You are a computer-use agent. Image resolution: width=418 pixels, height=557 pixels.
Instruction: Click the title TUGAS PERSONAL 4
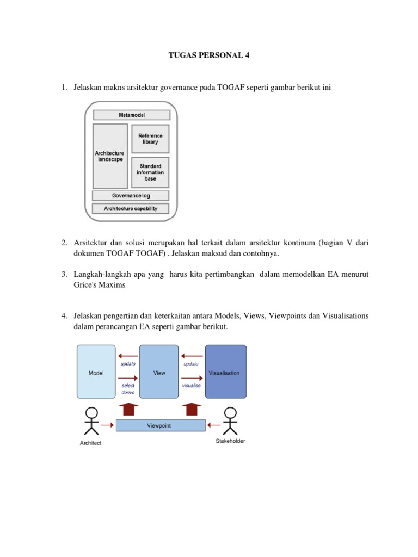pyautogui.click(x=208, y=55)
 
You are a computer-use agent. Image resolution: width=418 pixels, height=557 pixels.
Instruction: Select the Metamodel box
pyautogui.click(x=132, y=115)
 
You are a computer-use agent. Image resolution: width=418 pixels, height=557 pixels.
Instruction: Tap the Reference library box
pyautogui.click(x=150, y=139)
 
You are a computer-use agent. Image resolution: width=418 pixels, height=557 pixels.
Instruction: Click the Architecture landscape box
pyautogui.click(x=110, y=156)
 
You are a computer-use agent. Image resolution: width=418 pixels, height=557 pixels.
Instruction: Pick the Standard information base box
pyautogui.click(x=150, y=172)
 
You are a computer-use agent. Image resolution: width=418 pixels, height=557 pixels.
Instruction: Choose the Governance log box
pyautogui.click(x=131, y=195)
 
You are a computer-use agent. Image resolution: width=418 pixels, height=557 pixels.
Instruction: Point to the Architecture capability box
pyautogui.click(x=131, y=208)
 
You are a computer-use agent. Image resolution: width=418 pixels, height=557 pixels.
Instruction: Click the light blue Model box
pyautogui.click(x=96, y=372)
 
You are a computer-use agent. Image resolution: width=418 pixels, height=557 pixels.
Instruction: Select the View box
pyautogui.click(x=159, y=372)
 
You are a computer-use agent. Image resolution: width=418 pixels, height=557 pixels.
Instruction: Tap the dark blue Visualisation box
pyautogui.click(x=226, y=372)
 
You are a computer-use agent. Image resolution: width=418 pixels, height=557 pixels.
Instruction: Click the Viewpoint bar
pyautogui.click(x=161, y=425)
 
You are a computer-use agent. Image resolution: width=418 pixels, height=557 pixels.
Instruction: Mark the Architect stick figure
pyautogui.click(x=91, y=421)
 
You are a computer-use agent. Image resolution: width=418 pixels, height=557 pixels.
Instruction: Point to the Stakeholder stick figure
pyautogui.click(x=230, y=421)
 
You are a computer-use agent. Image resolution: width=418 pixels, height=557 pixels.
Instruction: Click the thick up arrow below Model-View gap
pyautogui.click(x=128, y=409)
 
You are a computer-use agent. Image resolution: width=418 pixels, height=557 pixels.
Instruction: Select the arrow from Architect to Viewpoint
pyautogui.click(x=107, y=425)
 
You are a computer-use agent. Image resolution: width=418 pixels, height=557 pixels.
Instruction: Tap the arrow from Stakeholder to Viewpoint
pyautogui.click(x=213, y=425)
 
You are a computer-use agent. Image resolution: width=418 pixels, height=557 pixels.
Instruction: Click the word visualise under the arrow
pyautogui.click(x=191, y=386)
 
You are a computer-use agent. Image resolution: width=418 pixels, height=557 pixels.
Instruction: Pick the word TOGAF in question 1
pyautogui.click(x=231, y=88)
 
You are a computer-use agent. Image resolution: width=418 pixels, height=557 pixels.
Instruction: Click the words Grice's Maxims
pyautogui.click(x=100, y=285)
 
